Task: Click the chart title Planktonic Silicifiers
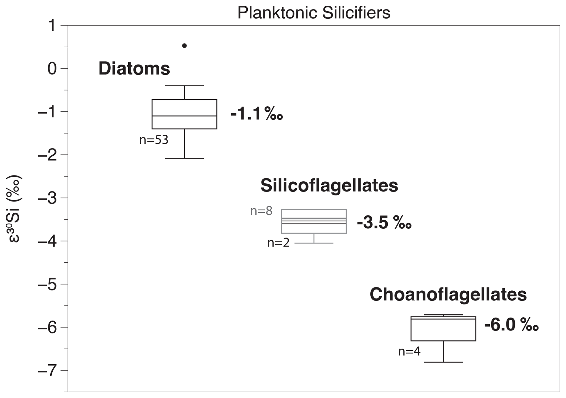point(314,13)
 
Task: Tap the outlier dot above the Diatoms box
point(185,46)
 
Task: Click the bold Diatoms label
point(134,68)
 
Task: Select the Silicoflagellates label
point(329,186)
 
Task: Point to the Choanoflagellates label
point(448,294)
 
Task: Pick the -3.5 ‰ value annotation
point(384,223)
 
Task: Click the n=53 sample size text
point(154,140)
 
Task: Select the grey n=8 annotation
point(261,211)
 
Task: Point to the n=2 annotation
point(278,243)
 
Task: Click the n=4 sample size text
point(409,351)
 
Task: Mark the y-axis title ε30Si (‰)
point(14,209)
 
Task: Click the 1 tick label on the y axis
point(52,25)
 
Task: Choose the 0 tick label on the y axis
point(52,69)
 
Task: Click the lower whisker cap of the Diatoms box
point(184,158)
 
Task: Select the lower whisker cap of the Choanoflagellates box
point(443,362)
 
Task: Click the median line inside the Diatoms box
point(184,116)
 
